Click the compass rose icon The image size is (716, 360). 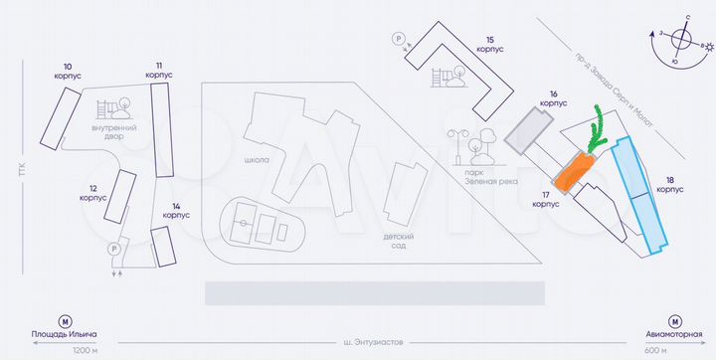pyautogui.click(x=681, y=41)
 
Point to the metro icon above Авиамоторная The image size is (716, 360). pyautogui.click(x=673, y=322)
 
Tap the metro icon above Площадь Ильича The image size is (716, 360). pyautogui.click(x=66, y=322)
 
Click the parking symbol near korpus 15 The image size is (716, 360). pyautogui.click(x=400, y=40)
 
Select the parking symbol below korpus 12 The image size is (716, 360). pyautogui.click(x=113, y=249)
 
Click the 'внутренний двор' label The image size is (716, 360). pyautogui.click(x=113, y=132)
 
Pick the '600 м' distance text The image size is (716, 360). pyautogui.click(x=655, y=350)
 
